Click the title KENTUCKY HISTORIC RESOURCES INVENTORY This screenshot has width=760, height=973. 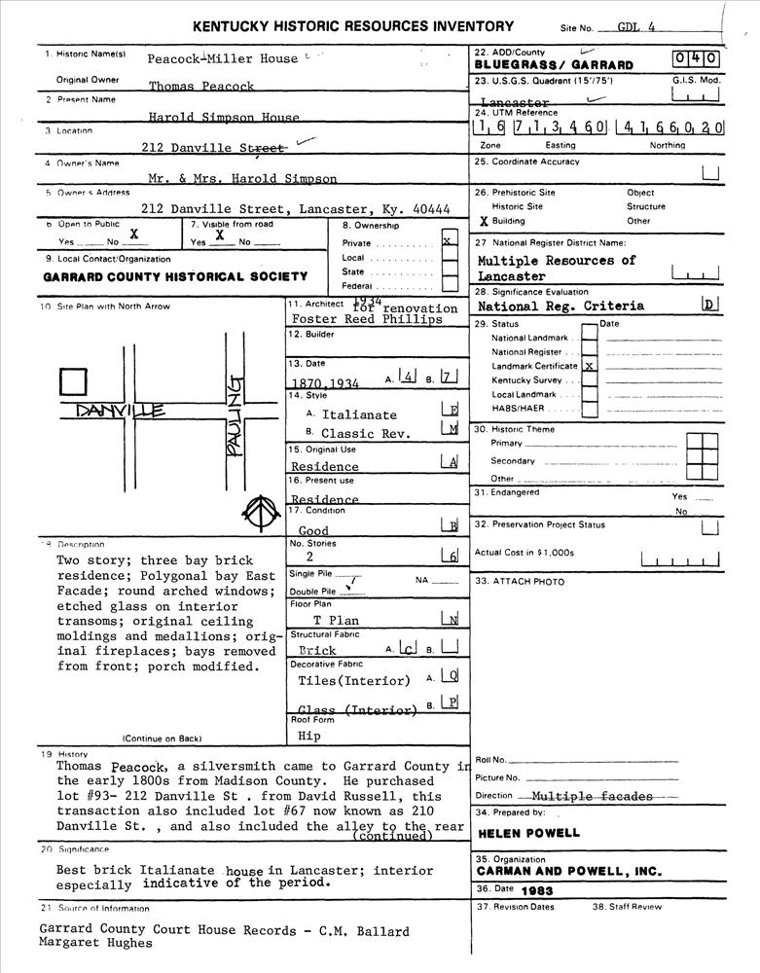tap(352, 26)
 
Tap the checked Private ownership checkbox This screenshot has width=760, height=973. tap(449, 241)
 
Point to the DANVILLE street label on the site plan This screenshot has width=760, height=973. tap(121, 411)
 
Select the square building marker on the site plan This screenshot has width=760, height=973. tap(74, 382)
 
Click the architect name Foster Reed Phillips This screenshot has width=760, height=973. tap(352, 319)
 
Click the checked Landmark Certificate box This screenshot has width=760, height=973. tap(589, 366)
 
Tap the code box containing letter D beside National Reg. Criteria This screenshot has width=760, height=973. tap(710, 306)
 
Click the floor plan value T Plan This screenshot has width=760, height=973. tap(336, 620)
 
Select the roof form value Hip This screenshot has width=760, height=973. tap(308, 737)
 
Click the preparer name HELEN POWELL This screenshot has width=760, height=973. tap(528, 833)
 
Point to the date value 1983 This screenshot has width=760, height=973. tap(537, 890)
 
